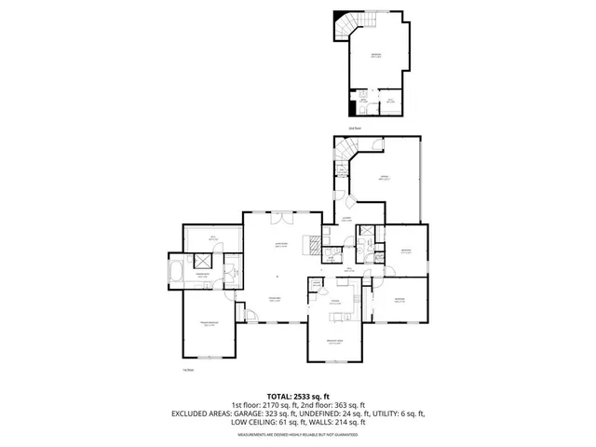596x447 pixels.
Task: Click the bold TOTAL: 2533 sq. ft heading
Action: [297, 396]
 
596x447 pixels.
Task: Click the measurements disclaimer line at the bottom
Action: [297, 433]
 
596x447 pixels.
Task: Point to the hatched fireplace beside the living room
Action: [317, 248]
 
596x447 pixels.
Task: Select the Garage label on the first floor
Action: [383, 177]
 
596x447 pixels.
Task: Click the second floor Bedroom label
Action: [377, 56]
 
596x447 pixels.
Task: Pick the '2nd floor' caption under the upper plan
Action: [353, 128]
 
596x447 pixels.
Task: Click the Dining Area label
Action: [276, 298]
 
